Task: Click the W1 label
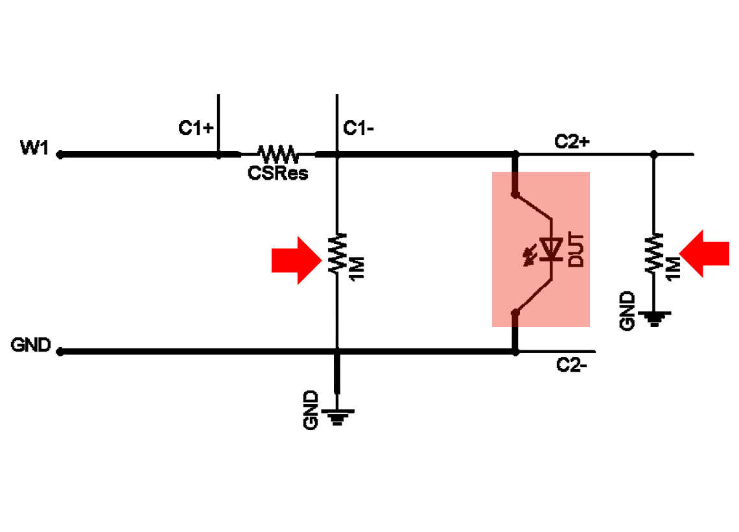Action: [34, 148]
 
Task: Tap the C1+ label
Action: [196, 128]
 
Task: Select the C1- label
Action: [358, 128]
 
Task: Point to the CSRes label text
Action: [278, 174]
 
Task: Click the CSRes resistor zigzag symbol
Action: [278, 154]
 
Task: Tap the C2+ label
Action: [572, 141]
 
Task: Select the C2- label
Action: [572, 365]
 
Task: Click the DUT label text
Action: [576, 250]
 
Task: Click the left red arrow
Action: [296, 260]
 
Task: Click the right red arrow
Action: [704, 253]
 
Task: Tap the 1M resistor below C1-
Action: [337, 252]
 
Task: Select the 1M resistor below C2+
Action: [653, 252]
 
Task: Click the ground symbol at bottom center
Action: [336, 417]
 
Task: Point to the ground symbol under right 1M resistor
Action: [653, 319]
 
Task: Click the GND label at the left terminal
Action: [30, 345]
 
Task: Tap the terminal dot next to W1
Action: [60, 154]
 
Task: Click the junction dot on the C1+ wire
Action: [218, 154]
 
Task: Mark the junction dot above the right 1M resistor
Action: [653, 154]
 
